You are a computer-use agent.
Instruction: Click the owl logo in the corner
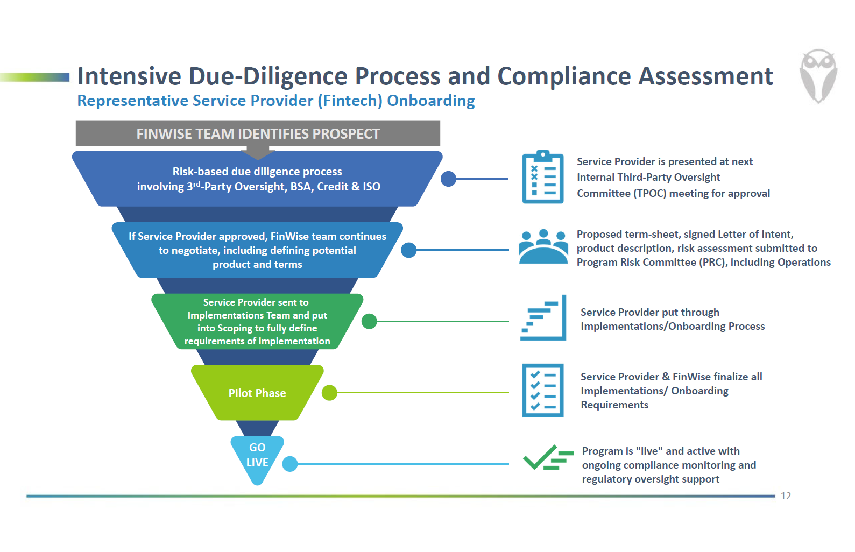pyautogui.click(x=818, y=76)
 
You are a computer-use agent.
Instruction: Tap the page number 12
pyautogui.click(x=786, y=496)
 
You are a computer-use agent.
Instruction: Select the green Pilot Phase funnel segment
pyautogui.click(x=257, y=393)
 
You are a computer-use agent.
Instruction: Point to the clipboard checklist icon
pyautogui.click(x=543, y=177)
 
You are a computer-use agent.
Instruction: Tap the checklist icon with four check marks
pyautogui.click(x=543, y=390)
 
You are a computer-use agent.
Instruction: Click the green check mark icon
pyautogui.click(x=548, y=458)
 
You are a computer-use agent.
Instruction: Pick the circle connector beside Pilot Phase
pyautogui.click(x=329, y=393)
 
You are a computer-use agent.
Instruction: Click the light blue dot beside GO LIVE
pyautogui.click(x=290, y=464)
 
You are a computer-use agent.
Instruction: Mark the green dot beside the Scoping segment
pyautogui.click(x=369, y=321)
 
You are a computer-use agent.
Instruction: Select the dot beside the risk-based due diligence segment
pyautogui.click(x=448, y=179)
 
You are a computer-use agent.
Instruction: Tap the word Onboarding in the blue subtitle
pyautogui.click(x=430, y=101)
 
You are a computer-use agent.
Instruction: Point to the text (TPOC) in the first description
pyautogui.click(x=650, y=194)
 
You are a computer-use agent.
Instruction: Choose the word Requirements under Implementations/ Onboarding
pyautogui.click(x=614, y=405)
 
